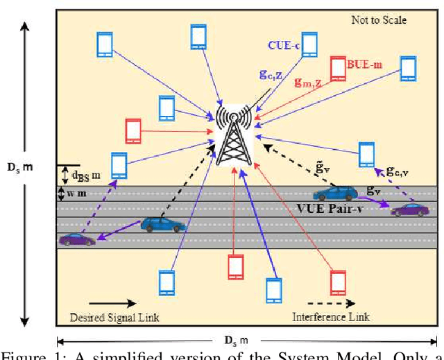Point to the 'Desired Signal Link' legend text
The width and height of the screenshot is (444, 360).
pos(115,317)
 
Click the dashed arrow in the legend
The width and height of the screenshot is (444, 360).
pos(330,303)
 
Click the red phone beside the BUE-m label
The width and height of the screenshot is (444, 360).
pos(338,68)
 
